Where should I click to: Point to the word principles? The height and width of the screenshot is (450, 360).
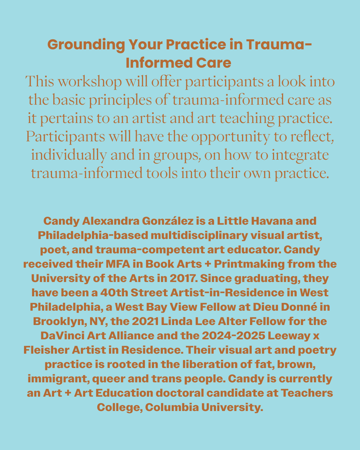click(121, 100)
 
